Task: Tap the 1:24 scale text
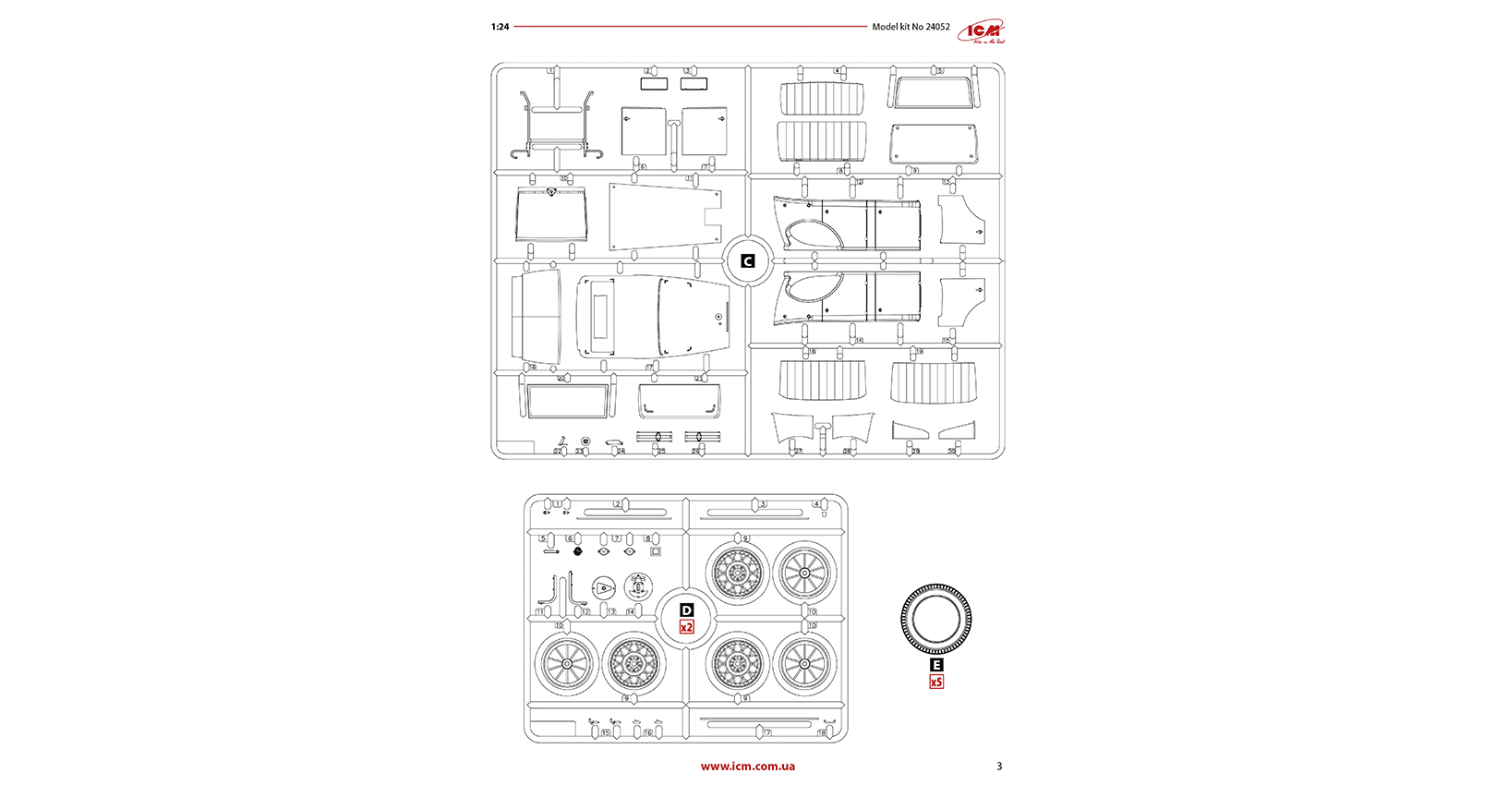[500, 27]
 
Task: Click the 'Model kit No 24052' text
[911, 27]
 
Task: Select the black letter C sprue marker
[747, 261]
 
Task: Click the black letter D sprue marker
[686, 610]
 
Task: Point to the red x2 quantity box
[686, 627]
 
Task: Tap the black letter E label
[936, 665]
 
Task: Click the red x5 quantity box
[936, 682]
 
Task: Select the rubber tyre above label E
[936, 620]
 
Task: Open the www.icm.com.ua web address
[747, 766]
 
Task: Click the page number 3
[999, 766]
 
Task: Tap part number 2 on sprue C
[648, 70]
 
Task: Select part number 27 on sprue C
[798, 452]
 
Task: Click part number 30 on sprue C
[951, 452]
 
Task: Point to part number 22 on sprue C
[558, 452]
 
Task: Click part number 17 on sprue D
[766, 732]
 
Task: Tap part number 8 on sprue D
[647, 538]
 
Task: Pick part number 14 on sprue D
[631, 612]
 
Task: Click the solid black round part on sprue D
[578, 551]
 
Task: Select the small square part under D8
[656, 551]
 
